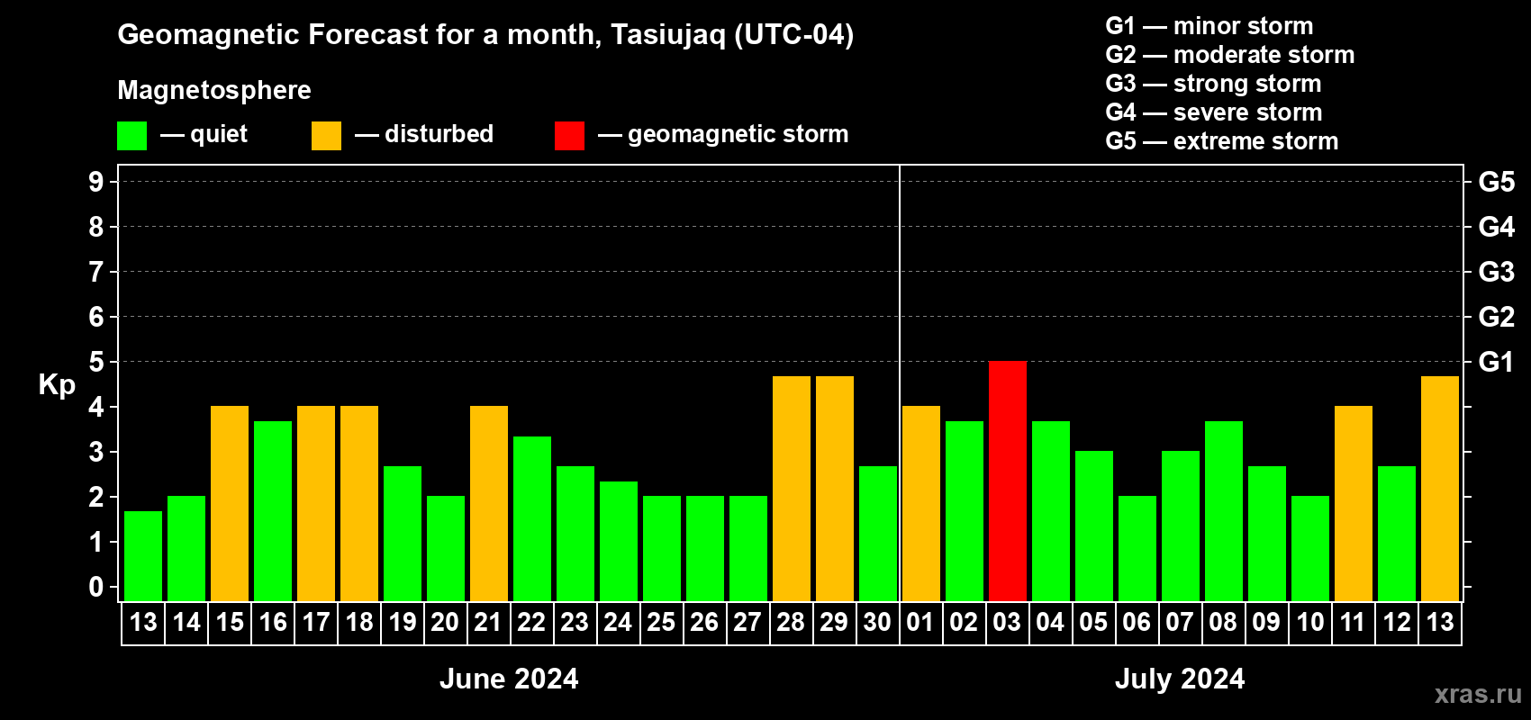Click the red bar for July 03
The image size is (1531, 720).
click(x=1008, y=481)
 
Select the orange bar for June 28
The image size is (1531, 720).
click(x=792, y=489)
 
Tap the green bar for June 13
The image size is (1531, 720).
click(x=143, y=556)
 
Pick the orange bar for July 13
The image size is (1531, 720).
click(x=1439, y=489)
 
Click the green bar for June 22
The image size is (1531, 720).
click(x=531, y=518)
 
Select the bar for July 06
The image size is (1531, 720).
click(x=1137, y=548)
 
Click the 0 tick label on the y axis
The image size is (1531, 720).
click(x=95, y=587)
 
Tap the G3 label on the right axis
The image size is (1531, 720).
click(x=1497, y=272)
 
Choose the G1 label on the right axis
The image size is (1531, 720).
click(x=1497, y=362)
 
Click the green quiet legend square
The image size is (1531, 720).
click(x=131, y=135)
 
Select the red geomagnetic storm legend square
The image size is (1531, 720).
click(x=569, y=135)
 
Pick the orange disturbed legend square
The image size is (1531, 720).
click(x=326, y=135)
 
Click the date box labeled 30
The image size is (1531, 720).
click(x=877, y=623)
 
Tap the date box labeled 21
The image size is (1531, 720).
click(x=488, y=623)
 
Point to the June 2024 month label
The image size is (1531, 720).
click(x=509, y=679)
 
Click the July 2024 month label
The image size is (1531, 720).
click(x=1180, y=679)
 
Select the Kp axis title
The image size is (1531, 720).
click(x=57, y=385)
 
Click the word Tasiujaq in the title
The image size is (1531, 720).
click(x=667, y=35)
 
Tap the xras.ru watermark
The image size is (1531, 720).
click(x=1478, y=694)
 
